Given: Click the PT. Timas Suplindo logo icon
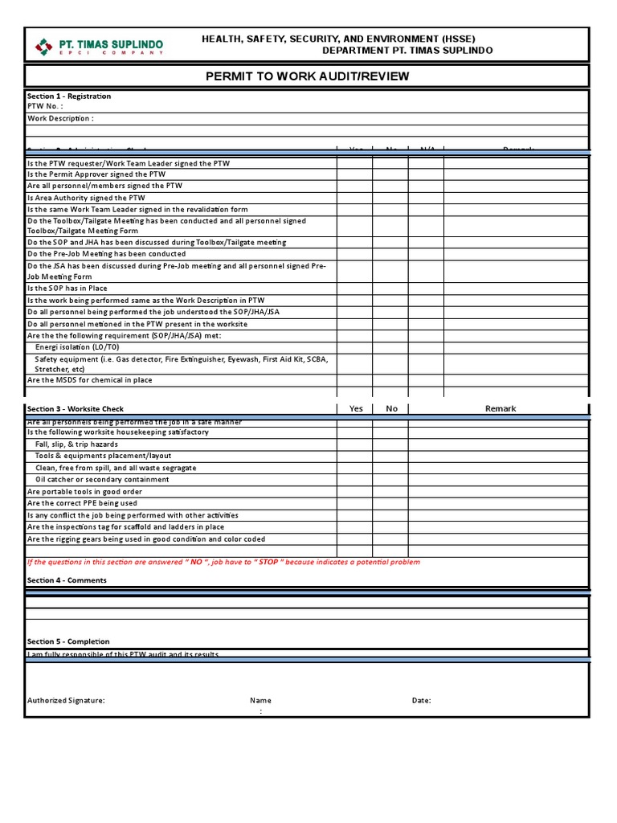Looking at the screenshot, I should [x=43, y=47].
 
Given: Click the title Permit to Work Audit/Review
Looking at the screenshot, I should [x=307, y=76].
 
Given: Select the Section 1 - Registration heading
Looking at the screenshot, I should [x=69, y=96].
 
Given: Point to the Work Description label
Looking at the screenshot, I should [x=60, y=118].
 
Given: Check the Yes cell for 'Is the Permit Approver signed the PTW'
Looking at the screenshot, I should [x=354, y=174].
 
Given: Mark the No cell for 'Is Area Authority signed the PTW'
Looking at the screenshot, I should [x=390, y=198].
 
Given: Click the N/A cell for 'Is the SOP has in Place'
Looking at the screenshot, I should [x=426, y=288].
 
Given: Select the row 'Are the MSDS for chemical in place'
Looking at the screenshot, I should [x=89, y=380].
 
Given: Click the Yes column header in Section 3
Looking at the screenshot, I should [x=356, y=408].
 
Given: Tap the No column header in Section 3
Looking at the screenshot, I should [x=391, y=408].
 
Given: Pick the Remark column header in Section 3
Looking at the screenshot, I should [x=500, y=408].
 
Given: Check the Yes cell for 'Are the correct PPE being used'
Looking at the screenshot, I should [x=354, y=503].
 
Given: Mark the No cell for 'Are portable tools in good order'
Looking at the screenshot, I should [x=390, y=492].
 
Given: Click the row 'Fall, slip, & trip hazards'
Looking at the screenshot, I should [x=76, y=444].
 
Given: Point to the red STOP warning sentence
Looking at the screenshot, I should [x=223, y=562].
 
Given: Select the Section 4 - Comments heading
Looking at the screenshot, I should [x=67, y=580].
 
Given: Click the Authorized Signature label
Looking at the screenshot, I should [x=66, y=700].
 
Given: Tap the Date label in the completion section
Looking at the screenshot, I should [x=421, y=700].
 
